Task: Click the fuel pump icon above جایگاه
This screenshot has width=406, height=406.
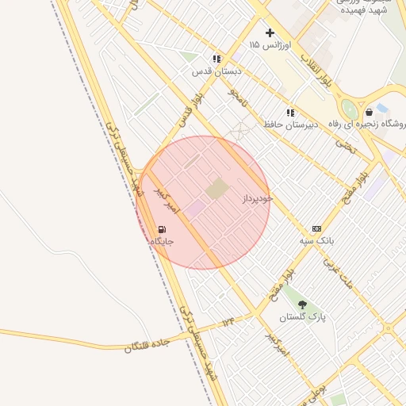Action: [163, 229]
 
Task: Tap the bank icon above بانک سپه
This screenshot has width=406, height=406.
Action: [316, 228]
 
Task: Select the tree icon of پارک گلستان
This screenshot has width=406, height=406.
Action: [302, 304]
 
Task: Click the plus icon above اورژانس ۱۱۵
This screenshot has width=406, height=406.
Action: [270, 33]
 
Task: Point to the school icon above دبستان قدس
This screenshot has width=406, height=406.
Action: [216, 59]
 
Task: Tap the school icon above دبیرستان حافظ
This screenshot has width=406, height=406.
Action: [290, 113]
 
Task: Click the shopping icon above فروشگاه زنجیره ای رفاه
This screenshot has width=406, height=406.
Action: [370, 112]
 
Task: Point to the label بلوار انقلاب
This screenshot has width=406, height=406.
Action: [315, 69]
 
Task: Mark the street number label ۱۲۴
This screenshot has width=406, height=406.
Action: [228, 321]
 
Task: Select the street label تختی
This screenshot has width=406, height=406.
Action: [345, 147]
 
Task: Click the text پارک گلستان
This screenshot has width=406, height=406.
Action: [302, 317]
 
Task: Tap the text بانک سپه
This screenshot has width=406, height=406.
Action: [316, 240]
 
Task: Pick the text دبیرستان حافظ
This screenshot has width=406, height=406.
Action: [290, 124]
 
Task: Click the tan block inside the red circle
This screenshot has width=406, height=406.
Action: [216, 189]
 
